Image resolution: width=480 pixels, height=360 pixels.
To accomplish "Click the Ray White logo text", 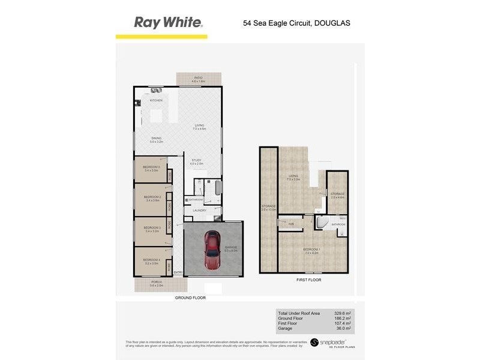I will point(168,23).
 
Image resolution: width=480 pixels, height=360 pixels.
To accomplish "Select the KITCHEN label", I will point(156,100).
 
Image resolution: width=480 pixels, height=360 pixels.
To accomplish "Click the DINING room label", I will point(157,139).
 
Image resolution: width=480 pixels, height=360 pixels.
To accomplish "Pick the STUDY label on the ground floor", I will point(196,160).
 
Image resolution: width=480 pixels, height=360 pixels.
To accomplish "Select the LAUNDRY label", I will point(200,210).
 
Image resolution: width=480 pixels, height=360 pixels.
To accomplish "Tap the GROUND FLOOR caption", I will point(190,298).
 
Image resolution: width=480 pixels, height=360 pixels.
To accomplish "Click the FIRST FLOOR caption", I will point(309,280).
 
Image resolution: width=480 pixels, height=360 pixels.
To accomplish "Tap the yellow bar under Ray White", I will point(161,37).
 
